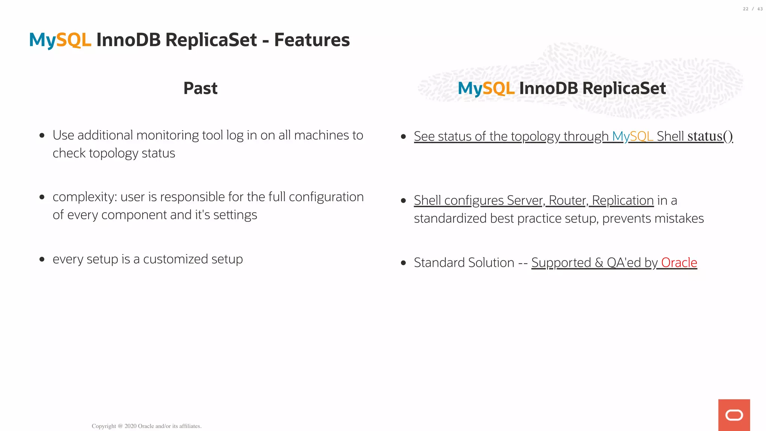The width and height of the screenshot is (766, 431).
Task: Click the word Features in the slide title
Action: pos(312,40)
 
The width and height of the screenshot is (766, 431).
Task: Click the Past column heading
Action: pos(200,88)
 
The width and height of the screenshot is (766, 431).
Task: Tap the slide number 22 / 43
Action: pos(753,9)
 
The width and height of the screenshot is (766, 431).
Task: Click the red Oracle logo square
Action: pos(734,415)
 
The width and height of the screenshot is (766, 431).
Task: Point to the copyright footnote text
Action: pos(147,426)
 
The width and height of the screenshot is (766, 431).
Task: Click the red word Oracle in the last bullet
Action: pos(679,263)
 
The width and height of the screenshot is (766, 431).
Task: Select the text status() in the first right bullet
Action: pos(710,136)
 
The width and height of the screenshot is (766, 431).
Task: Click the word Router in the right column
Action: pos(567,201)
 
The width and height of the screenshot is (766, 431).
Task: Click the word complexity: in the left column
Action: pos(85,197)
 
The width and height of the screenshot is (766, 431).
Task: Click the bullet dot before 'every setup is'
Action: pos(42,259)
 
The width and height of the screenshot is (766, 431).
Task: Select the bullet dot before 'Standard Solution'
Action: pos(403,263)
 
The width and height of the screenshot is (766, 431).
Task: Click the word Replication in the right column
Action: pos(623,201)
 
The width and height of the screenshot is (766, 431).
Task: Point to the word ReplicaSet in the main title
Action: pos(211,40)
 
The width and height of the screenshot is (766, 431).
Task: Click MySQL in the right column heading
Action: pos(486,88)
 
